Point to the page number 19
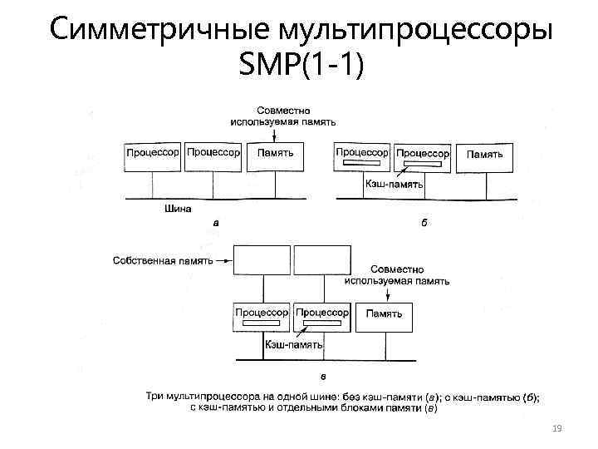pyautogui.click(x=557, y=427)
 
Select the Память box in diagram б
pyautogui.click(x=484, y=156)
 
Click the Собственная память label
pyautogui.click(x=161, y=260)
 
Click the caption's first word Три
pyautogui.click(x=154, y=397)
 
